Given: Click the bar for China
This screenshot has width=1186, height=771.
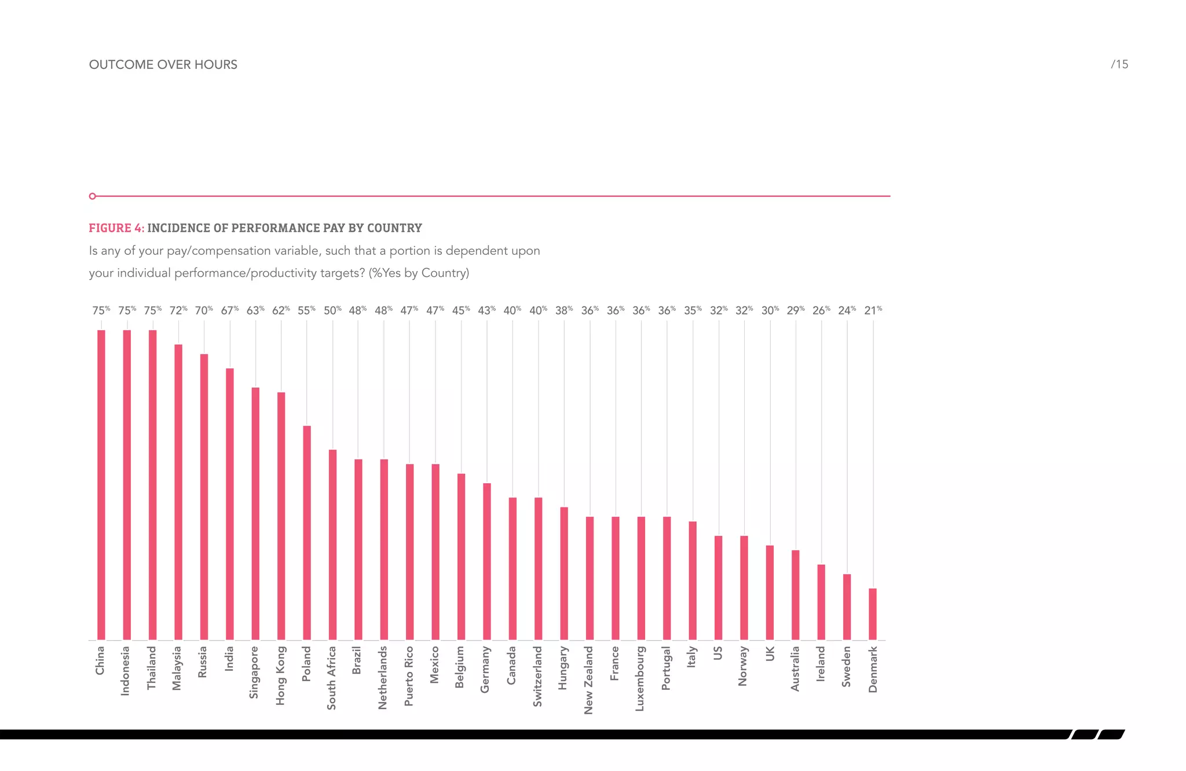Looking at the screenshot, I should click(101, 485).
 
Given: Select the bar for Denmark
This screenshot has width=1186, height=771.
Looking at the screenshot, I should click(873, 614).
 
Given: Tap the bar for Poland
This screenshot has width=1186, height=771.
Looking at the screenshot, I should click(307, 533).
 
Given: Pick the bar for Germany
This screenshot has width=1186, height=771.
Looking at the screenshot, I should click(487, 561).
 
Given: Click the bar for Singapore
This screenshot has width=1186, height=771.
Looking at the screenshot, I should click(255, 513).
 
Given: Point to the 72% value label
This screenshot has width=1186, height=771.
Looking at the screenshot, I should click(178, 310).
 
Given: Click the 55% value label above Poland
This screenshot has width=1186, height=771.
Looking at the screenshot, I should click(307, 310).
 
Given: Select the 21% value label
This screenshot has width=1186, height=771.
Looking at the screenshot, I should click(873, 310).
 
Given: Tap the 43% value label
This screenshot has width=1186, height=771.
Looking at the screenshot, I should click(487, 310).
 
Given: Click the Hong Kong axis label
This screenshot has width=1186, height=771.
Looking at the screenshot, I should click(281, 675).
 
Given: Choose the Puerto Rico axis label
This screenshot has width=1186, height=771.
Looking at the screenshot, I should click(409, 675).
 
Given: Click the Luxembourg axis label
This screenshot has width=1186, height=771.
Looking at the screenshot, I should click(640, 678).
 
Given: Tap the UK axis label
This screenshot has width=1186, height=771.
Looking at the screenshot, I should click(770, 654).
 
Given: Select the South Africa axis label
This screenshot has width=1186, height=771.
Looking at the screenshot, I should click(332, 678).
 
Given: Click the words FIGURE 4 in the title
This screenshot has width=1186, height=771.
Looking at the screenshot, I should click(116, 228).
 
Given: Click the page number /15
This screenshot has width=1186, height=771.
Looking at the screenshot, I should click(1119, 64).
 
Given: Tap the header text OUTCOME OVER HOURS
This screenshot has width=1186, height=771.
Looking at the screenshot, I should click(163, 65).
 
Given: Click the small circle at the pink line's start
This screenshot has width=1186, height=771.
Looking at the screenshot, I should click(93, 196).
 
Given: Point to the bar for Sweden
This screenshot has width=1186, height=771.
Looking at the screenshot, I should click(847, 607).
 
